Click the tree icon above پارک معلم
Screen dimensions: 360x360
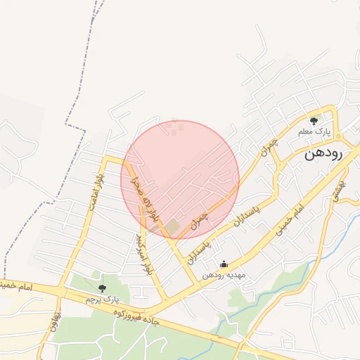pos(314,121)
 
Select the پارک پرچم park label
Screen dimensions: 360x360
pos(99,299)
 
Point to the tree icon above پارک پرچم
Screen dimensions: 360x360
pos(102,288)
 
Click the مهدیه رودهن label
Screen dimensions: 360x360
pos(223,275)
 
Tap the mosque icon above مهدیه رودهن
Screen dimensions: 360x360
pos(224,264)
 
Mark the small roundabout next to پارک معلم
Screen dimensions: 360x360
pos(337,135)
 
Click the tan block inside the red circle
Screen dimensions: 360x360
pos(172,226)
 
